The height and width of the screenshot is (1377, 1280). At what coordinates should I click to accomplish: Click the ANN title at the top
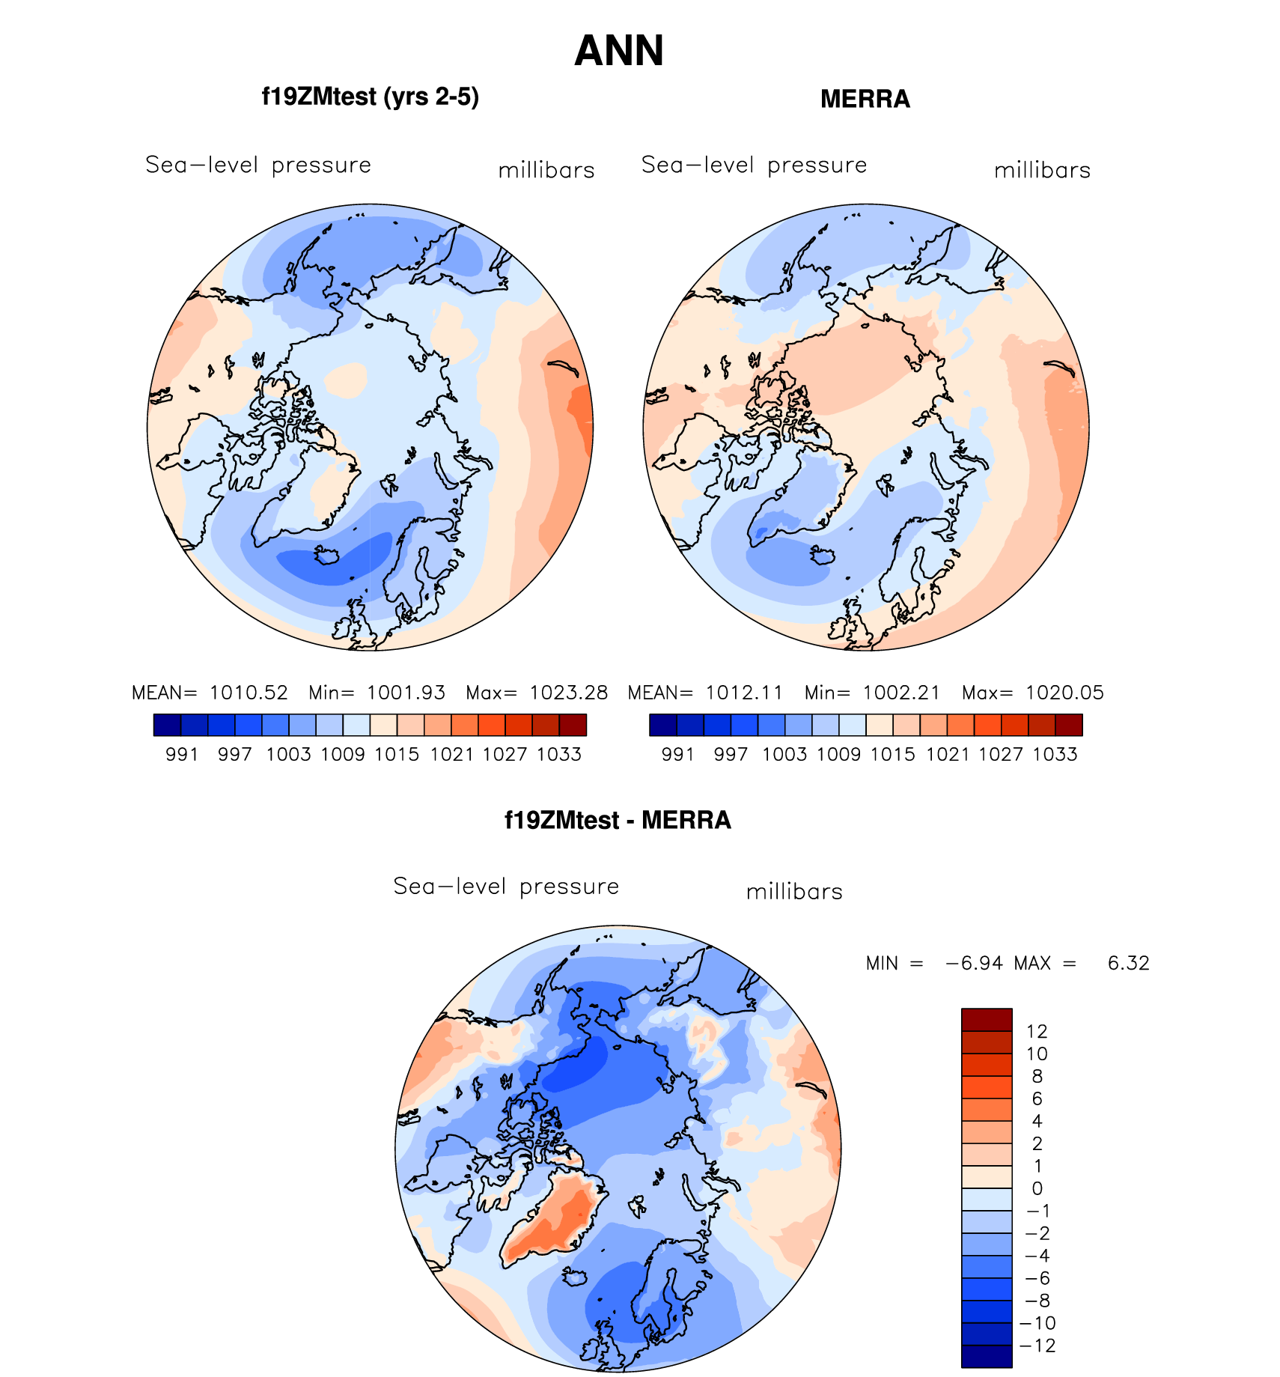point(619,51)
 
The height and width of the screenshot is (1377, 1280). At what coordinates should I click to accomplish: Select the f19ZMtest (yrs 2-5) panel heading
point(370,97)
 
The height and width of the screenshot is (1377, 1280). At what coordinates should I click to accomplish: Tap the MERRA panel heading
point(865,99)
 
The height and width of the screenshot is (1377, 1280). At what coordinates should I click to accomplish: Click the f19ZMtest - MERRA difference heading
point(618,820)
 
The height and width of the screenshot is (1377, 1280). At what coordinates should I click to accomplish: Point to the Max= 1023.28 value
point(537,693)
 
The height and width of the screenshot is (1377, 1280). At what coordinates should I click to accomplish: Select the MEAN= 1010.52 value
point(210,693)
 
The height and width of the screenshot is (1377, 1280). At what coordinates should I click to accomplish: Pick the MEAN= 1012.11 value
point(705,693)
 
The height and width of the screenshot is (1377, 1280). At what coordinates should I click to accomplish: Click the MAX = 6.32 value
point(1082,963)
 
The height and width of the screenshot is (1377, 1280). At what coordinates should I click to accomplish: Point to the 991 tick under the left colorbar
point(182,754)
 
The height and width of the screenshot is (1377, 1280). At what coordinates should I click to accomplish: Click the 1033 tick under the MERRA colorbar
point(1055,754)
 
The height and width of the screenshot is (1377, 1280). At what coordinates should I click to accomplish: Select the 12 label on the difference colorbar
point(1037,1031)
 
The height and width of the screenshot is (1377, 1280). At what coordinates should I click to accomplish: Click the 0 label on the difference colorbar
point(1037,1188)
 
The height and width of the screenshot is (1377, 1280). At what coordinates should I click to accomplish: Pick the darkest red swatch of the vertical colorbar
point(987,1020)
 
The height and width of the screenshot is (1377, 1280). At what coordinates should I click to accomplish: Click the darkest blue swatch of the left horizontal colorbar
point(167,725)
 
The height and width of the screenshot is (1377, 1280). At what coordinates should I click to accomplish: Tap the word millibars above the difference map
point(794,892)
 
